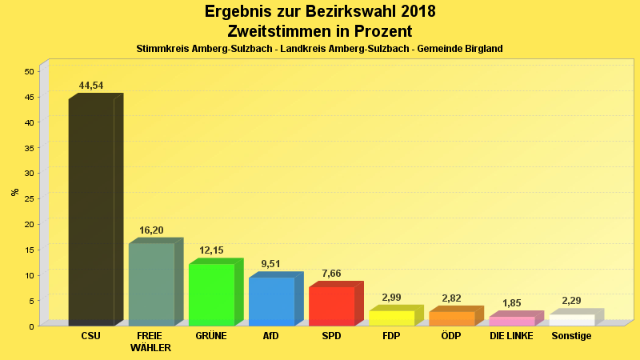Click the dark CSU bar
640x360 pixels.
[91, 212]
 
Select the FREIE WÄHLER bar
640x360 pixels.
[151, 284]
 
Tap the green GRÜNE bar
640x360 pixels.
[211, 294]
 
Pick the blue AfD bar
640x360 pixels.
[271, 301]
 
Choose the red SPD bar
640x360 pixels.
[331, 306]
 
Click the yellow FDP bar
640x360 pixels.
[391, 318]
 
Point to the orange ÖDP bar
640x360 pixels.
[451, 318]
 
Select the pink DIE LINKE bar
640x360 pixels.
[511, 321]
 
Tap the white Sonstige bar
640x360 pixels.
[571, 320]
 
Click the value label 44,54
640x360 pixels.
[91, 86]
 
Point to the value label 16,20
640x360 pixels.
[151, 230]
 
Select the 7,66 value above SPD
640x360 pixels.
[331, 274]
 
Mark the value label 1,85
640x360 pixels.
[511, 303]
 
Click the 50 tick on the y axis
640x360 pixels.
[29, 71]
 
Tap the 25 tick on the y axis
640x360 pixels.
[29, 198]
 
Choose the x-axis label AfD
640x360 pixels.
[271, 336]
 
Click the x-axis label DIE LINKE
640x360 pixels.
[511, 336]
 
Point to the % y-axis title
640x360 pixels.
[14, 192]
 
